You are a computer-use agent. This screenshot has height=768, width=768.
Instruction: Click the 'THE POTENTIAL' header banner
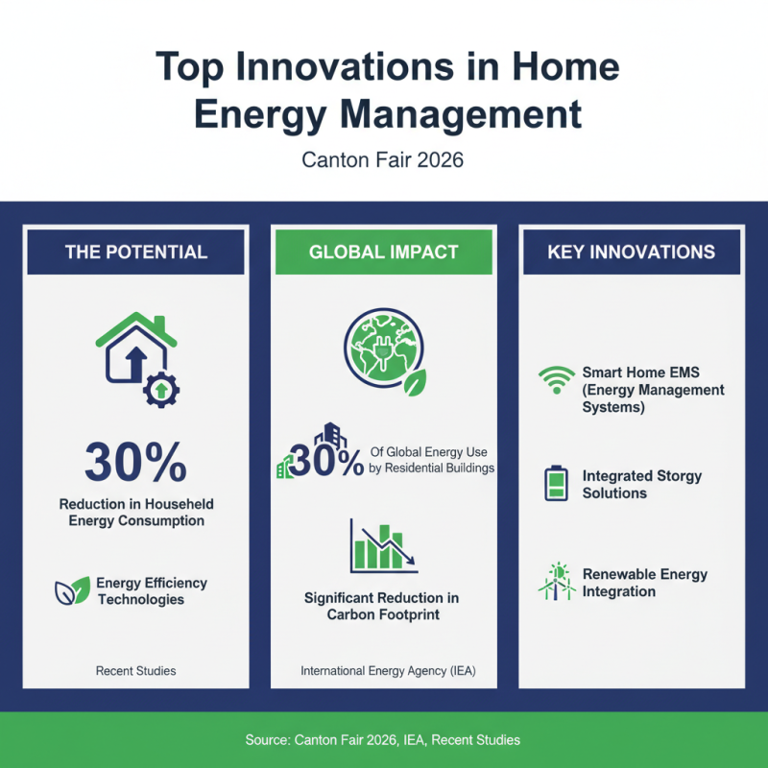(x=136, y=252)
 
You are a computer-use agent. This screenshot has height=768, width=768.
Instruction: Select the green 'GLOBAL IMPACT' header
(x=384, y=252)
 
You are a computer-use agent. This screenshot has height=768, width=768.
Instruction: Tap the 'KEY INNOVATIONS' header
(x=631, y=252)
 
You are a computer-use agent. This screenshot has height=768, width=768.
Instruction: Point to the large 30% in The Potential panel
(x=135, y=463)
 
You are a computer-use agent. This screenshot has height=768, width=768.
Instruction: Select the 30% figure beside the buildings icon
(x=325, y=461)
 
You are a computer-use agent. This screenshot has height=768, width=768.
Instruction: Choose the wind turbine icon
(x=556, y=582)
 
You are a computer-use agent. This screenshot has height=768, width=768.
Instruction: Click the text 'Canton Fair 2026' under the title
(x=383, y=159)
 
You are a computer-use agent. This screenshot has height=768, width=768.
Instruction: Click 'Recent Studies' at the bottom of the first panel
(x=135, y=670)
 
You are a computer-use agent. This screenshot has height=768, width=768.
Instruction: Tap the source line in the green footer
(x=384, y=740)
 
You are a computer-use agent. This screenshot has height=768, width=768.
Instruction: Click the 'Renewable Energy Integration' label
(x=644, y=583)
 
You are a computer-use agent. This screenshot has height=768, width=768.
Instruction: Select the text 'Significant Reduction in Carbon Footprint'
(x=382, y=606)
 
